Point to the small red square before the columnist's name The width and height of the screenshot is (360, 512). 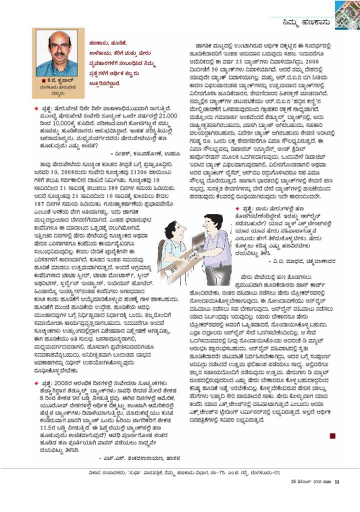click(x=44, y=79)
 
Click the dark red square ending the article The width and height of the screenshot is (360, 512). click(x=332, y=436)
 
